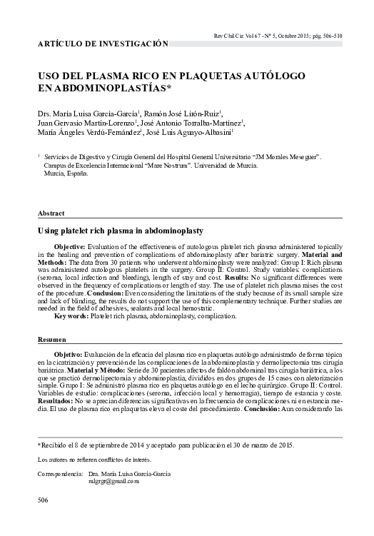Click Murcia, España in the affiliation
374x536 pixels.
point(69,173)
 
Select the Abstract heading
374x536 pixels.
point(51,213)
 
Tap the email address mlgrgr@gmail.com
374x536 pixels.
point(113,481)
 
